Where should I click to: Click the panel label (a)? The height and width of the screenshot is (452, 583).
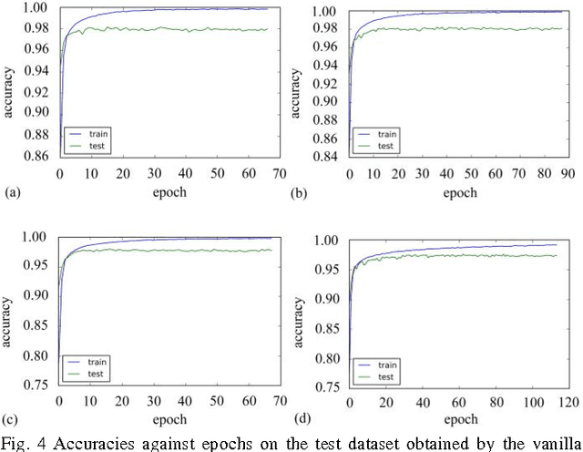(12, 193)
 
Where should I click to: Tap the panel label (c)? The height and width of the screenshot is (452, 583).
(12, 419)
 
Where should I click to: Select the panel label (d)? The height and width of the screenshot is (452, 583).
(302, 419)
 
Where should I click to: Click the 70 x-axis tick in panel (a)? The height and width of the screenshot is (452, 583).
(280, 174)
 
